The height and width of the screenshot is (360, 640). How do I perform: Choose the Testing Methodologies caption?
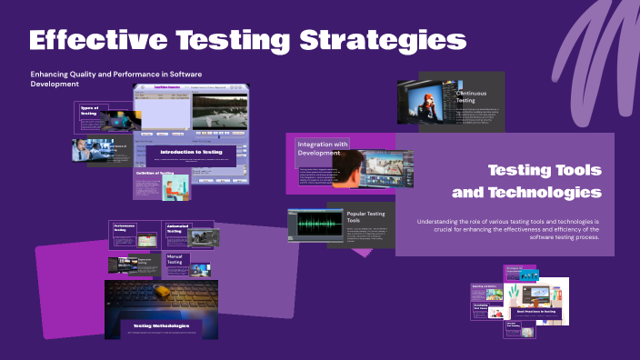coord(161,325)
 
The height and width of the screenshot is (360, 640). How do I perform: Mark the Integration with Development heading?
coord(324,147)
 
